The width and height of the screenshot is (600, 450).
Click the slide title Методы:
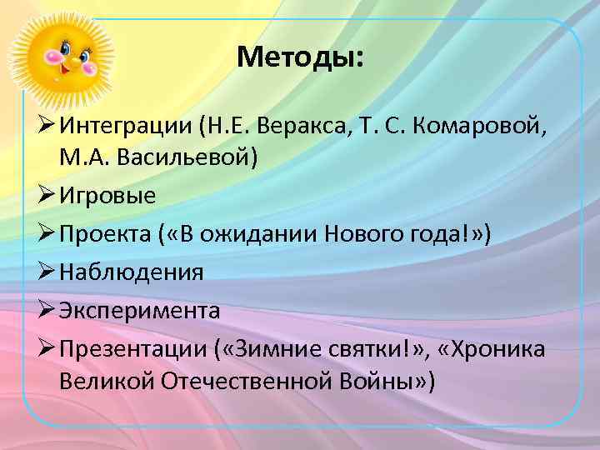[x=300, y=57]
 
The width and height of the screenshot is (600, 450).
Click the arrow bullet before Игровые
[x=43, y=197]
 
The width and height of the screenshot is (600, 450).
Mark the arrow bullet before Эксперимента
[x=43, y=310]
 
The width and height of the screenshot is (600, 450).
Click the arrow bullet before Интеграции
[x=43, y=126]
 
